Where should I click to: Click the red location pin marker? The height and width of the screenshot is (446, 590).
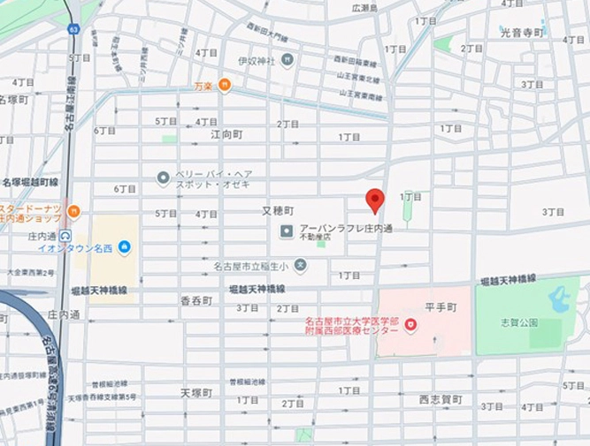tap(375, 200)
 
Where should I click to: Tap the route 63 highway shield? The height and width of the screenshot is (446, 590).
tap(73, 28)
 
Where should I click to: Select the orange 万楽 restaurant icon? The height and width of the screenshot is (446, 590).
tap(224, 86)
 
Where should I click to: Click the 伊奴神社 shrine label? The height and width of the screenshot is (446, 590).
tap(257, 61)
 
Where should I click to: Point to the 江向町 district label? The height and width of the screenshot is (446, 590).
tap(226, 134)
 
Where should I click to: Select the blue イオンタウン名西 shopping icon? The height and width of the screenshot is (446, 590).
tap(124, 246)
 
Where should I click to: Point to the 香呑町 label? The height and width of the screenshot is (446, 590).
tap(196, 300)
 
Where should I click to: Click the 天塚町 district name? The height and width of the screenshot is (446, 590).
tap(196, 392)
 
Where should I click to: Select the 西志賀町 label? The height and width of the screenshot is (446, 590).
tap(441, 399)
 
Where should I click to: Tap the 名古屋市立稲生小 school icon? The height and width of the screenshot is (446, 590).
tap(300, 264)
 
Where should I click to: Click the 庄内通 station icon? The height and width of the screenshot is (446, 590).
tap(65, 236)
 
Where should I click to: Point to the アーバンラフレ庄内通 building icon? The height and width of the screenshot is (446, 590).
tap(287, 231)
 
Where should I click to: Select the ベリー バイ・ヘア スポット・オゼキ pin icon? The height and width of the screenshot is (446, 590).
tap(163, 178)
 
